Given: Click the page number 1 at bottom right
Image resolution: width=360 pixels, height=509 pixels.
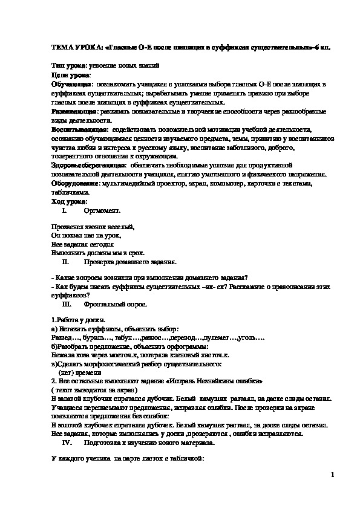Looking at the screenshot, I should coord(332,475).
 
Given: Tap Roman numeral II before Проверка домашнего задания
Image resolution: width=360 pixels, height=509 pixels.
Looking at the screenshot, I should coord(66,263).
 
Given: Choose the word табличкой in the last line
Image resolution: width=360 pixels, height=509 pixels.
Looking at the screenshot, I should coord(188,460).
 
